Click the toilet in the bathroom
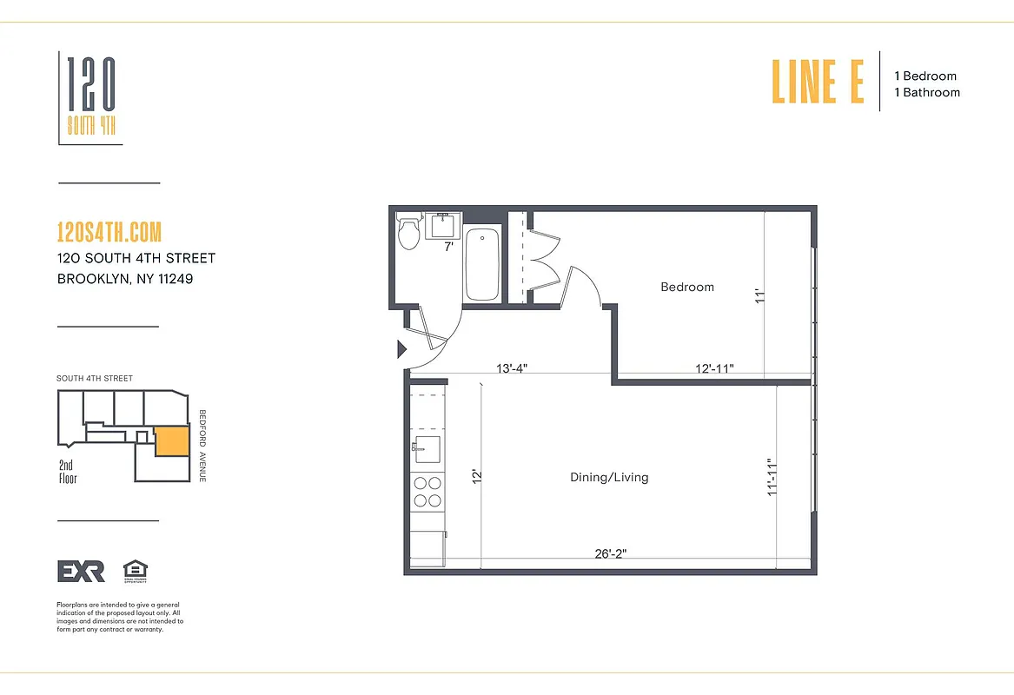coord(408,232)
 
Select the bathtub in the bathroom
coord(481,264)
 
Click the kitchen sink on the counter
coord(427,448)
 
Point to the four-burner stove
coord(427,492)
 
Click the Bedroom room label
coord(687,287)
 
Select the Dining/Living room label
coord(609,477)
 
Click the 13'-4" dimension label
coord(512,367)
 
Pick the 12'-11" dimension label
coord(715,367)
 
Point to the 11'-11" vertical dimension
coord(771,478)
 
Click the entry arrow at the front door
coord(402,349)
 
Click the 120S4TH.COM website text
coord(109,233)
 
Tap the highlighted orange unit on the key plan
coord(171,441)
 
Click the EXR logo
coord(81,571)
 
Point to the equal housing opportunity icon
coord(135,570)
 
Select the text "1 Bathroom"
coord(927,92)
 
